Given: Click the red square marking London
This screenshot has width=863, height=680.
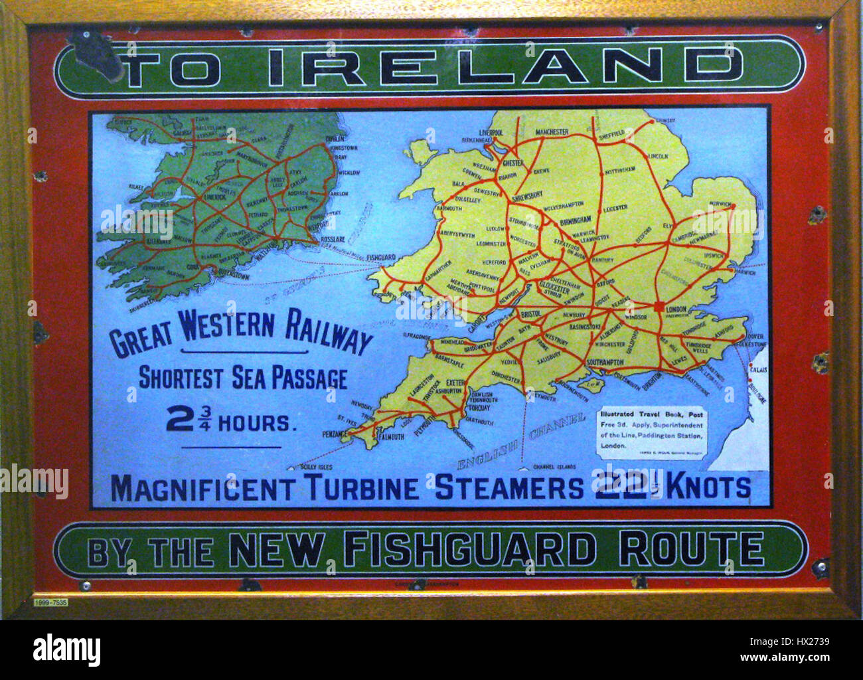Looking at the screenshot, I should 659,307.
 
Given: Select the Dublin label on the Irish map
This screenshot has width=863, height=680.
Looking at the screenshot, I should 336,139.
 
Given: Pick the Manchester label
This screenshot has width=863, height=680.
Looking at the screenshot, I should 552,132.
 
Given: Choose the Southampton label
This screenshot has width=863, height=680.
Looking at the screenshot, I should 605,362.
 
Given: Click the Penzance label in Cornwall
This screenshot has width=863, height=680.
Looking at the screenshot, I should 334,434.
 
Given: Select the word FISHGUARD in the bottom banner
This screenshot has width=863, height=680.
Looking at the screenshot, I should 469,550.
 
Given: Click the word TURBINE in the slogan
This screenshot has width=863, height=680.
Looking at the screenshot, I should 362,488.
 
